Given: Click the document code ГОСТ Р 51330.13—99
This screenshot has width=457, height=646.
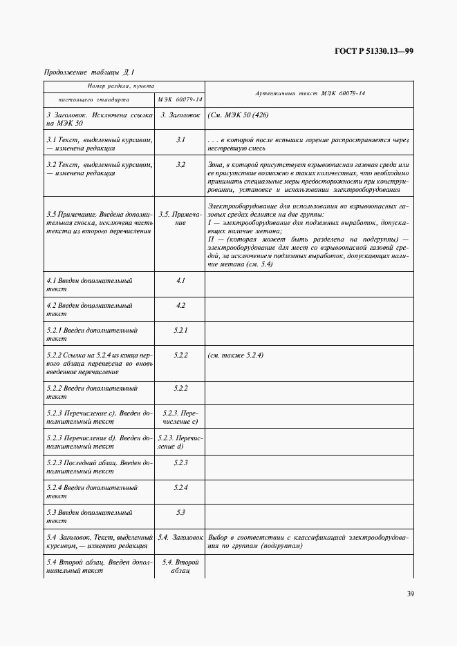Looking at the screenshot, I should (374, 50).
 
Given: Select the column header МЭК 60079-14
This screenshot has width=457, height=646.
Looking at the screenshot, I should (180, 99).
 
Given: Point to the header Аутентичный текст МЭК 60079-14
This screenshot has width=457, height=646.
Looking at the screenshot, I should (309, 92).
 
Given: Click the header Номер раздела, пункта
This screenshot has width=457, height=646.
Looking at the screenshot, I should (124, 85).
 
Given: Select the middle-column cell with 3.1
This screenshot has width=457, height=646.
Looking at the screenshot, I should (180, 139).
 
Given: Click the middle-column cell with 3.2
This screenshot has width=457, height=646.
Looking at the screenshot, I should (180, 164).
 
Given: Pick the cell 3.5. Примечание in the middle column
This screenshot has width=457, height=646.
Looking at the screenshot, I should (180, 219).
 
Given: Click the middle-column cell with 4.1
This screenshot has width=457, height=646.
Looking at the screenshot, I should (180, 281).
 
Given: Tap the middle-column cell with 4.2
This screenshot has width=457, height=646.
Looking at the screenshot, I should (180, 305).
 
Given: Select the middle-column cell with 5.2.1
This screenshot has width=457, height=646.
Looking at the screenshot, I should (180, 330).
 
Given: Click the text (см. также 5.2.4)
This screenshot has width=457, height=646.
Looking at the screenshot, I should (235, 355).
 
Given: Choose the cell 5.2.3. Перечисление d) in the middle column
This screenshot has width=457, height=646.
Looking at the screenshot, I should (180, 442).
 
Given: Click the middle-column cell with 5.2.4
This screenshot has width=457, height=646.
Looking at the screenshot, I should (180, 488).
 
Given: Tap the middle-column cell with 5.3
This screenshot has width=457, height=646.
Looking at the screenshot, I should (180, 513).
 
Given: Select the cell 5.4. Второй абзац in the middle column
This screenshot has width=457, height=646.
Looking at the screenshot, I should (180, 567).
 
